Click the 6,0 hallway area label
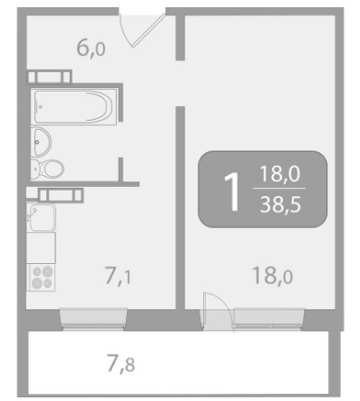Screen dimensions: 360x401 click(x=91, y=48)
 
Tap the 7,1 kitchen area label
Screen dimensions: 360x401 click(x=118, y=275)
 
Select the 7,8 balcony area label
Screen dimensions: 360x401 click(x=121, y=364)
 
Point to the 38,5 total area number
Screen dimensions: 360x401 click(x=280, y=205)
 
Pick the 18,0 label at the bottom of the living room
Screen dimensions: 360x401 click(x=272, y=276)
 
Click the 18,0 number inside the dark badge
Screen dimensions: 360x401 click(x=280, y=173)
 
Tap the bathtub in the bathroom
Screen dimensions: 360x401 click(x=73, y=107)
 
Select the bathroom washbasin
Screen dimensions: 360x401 click(x=41, y=142)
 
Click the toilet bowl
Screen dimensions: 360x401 click(x=47, y=169)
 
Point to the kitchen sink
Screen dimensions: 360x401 click(x=42, y=217)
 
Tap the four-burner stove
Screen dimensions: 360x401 click(x=41, y=278)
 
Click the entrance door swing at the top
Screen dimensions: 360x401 click(x=142, y=30)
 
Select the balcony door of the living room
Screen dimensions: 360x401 click(x=217, y=311)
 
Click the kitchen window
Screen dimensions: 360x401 click(x=93, y=318)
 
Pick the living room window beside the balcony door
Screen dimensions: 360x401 click(x=268, y=318)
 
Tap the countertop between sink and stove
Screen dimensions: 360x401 click(x=41, y=248)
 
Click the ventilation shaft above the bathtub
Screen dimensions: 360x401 click(x=50, y=76)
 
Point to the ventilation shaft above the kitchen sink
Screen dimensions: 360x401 click(x=61, y=195)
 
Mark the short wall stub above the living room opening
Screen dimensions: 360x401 click(x=180, y=37)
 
